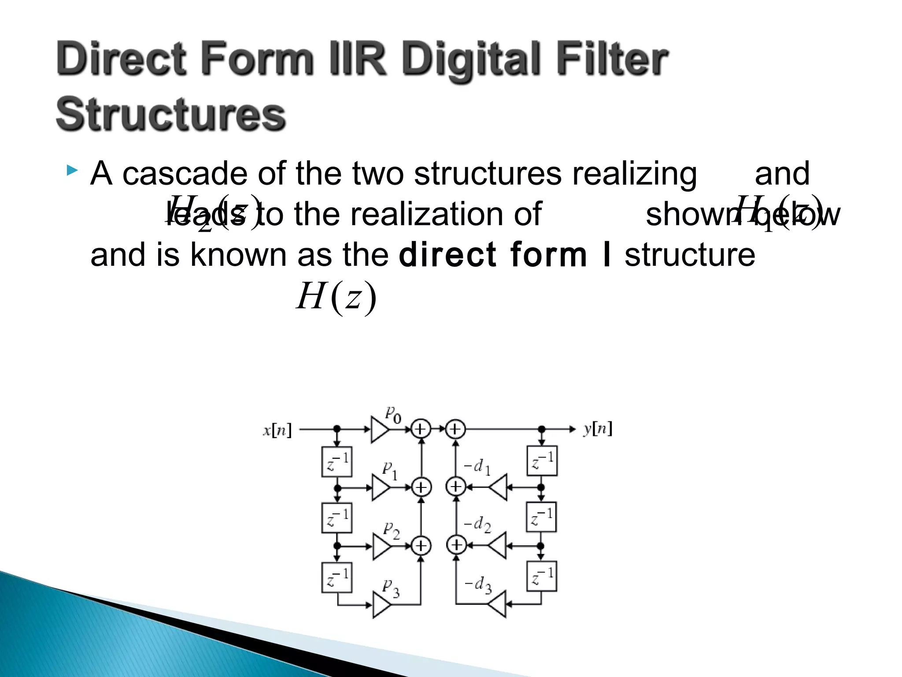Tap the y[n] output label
coord(598,428)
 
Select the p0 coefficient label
coord(393,415)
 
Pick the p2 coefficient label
coord(391,530)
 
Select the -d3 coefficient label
coord(478,585)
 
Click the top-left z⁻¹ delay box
coord(337,461)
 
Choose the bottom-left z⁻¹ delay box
coord(337,577)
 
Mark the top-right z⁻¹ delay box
coord(542,461)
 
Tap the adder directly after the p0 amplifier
coord(421,429)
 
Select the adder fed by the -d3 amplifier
coord(457,545)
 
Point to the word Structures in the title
coord(171,115)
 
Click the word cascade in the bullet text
coord(185,174)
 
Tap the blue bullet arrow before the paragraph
coord(72,170)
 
